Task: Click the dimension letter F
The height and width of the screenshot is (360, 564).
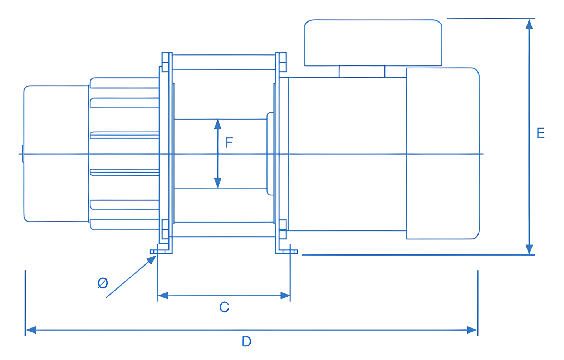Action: tap(229, 142)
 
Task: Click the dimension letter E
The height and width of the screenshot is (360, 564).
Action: tap(540, 133)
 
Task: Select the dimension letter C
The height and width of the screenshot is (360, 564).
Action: tap(224, 307)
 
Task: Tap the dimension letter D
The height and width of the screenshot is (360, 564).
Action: tap(246, 341)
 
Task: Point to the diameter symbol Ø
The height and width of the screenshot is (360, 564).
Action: tap(103, 283)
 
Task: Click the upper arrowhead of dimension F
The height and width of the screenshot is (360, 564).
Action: tap(217, 125)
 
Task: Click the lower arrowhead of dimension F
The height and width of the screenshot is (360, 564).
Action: tap(217, 183)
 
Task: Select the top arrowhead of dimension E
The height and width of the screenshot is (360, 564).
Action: tap(529, 24)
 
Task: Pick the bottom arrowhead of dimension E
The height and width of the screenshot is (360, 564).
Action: tap(529, 249)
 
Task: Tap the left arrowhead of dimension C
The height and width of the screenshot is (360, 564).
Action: tap(163, 296)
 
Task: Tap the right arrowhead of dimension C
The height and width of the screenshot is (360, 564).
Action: tap(285, 296)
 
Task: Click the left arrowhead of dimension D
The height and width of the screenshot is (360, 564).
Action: tap(31, 330)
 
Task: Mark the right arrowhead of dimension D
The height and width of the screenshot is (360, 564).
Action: tap(472, 330)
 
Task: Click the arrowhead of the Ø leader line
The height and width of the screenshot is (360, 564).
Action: tap(152, 259)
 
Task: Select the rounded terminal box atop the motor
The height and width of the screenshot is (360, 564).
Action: tap(373, 43)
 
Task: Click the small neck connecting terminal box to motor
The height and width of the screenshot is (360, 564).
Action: tap(362, 72)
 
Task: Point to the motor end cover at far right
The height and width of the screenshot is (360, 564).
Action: tap(443, 153)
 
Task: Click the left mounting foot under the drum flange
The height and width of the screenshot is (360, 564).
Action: tap(159, 252)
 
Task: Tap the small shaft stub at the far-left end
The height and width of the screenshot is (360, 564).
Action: tap(23, 154)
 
